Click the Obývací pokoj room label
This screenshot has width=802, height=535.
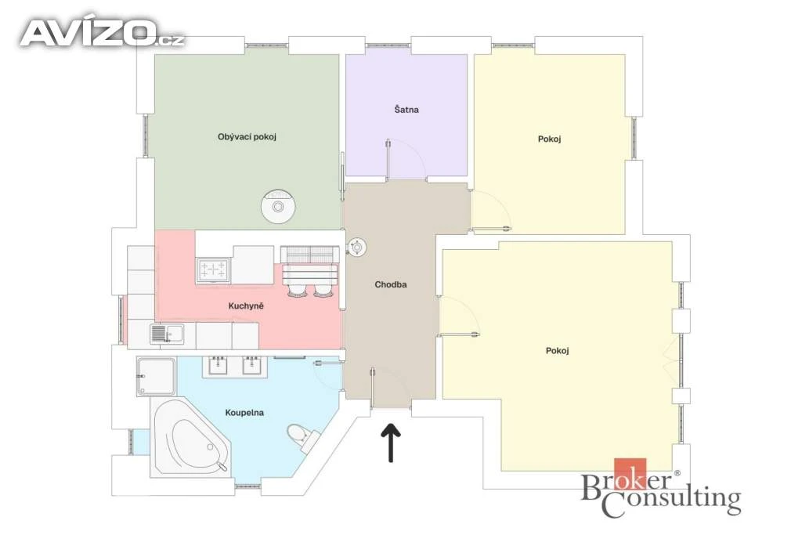point(247,137)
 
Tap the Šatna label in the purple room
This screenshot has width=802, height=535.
point(406,110)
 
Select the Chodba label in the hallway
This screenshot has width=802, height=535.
point(391,284)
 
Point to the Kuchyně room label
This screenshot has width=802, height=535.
point(246,305)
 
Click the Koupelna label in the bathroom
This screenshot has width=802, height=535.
point(244,412)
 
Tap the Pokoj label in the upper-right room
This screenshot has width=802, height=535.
point(549,139)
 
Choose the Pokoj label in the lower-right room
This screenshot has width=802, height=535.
point(558,351)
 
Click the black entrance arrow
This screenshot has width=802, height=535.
point(391,443)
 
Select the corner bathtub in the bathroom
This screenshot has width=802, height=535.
point(190,438)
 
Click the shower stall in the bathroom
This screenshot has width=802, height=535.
point(156,377)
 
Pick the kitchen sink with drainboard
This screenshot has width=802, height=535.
point(167,334)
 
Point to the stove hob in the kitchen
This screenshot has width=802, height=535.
point(213,269)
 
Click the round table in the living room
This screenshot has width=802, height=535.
point(278,207)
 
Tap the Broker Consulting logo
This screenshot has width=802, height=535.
point(661,488)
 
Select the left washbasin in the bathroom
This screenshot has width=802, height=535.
point(218,365)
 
